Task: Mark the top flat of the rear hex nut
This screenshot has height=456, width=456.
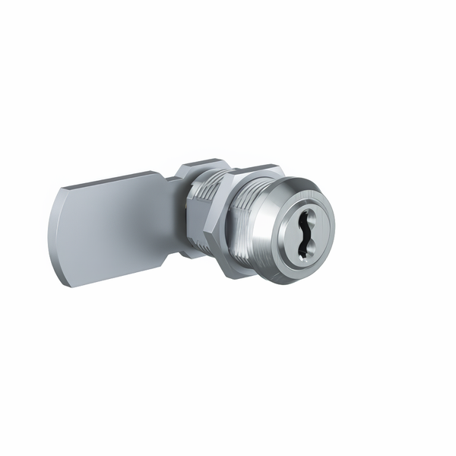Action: pos(201,163)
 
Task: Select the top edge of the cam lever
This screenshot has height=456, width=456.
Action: pos(114,180)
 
